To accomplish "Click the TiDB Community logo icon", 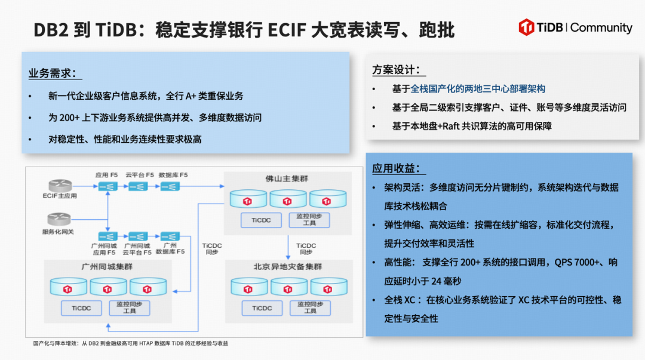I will (526, 27).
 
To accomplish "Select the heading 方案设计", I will (396, 70).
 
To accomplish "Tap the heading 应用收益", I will (396, 168).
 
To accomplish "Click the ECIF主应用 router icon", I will (60, 186).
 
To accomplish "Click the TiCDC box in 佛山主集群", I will (261, 220).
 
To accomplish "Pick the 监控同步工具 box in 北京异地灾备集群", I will (310, 307).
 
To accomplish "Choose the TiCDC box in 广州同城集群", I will (82, 307).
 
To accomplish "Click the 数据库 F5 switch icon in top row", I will (169, 187).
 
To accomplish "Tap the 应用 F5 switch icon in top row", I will (107, 187).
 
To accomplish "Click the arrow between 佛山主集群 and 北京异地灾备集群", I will (288, 245).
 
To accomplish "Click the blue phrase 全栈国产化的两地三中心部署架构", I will (478, 89).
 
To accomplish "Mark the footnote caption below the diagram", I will (130, 343).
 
